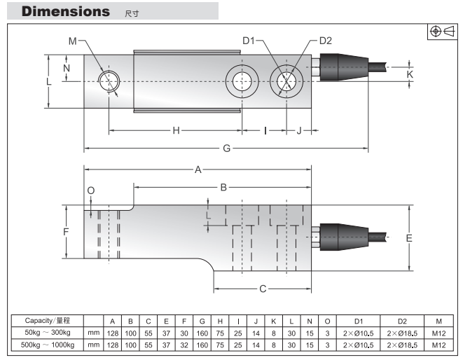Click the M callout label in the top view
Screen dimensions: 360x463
click(72, 42)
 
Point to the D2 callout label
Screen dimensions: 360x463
click(325, 41)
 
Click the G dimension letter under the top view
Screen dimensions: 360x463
click(226, 148)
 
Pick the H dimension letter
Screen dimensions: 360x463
click(177, 130)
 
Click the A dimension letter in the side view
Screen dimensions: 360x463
click(198, 169)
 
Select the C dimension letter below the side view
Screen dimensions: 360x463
click(263, 289)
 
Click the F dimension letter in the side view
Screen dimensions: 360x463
click(66, 232)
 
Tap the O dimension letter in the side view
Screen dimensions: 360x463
click(90, 191)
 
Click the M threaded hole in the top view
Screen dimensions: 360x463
click(109, 81)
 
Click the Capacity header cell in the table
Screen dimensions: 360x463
click(48, 320)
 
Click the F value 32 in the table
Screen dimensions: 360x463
click(184, 345)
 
